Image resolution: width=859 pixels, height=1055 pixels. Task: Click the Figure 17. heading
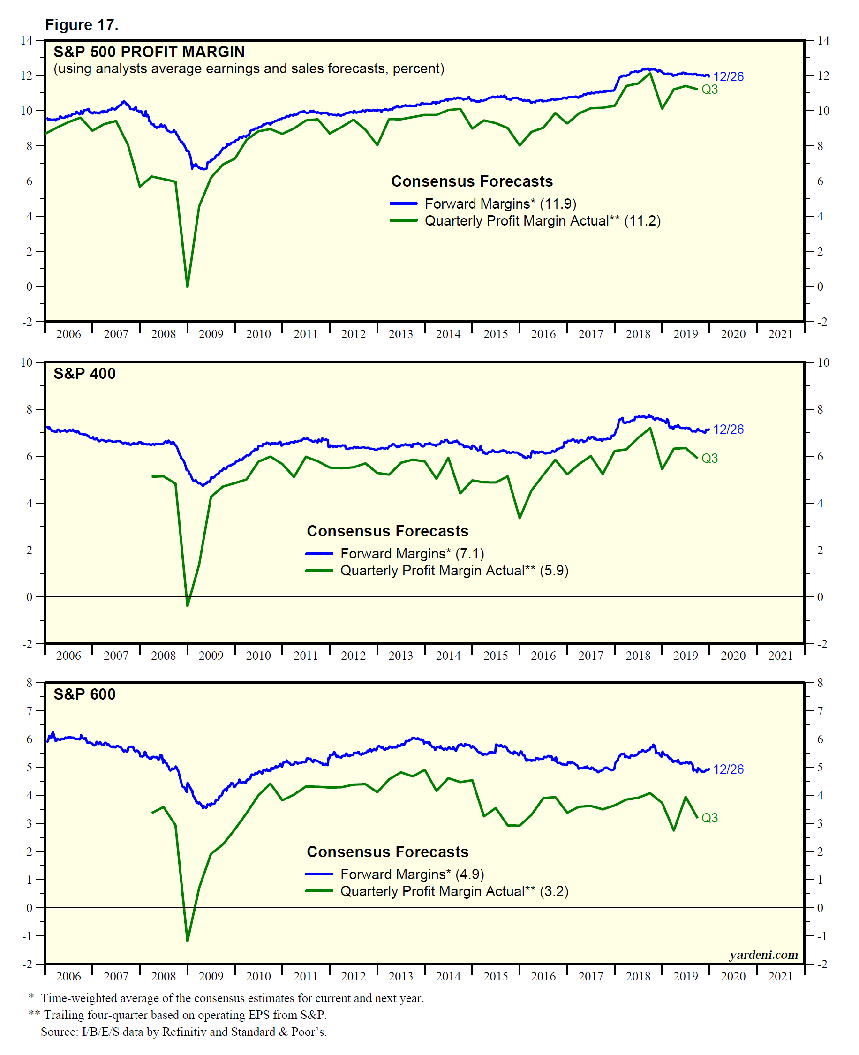point(82,25)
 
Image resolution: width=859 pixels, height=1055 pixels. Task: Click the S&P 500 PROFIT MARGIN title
point(149,52)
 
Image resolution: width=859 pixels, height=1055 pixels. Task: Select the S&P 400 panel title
point(84,374)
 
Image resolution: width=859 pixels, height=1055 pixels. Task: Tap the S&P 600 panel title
point(84,694)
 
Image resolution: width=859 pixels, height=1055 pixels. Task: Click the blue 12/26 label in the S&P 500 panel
point(728,77)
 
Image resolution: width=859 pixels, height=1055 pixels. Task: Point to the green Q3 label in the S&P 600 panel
point(709,818)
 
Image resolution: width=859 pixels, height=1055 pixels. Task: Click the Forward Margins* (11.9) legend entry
point(500,204)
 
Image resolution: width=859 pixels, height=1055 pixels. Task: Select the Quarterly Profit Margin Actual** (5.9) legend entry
point(454,571)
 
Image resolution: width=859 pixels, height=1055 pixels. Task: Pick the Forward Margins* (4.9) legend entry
point(412,874)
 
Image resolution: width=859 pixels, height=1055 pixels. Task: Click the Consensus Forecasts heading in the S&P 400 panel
point(387,531)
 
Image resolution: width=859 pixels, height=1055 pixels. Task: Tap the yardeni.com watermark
point(763,955)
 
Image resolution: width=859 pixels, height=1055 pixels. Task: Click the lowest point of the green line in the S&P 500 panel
point(188,286)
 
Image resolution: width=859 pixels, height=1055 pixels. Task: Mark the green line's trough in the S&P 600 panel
point(188,941)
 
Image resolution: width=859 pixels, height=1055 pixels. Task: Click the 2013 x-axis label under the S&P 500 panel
point(400,334)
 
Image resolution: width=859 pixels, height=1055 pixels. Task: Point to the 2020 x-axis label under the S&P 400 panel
point(733,656)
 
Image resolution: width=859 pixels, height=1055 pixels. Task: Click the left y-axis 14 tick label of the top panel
point(26,41)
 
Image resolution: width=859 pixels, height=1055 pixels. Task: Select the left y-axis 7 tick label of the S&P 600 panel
point(29,711)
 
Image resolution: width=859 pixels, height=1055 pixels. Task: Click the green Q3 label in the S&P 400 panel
point(709,458)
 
